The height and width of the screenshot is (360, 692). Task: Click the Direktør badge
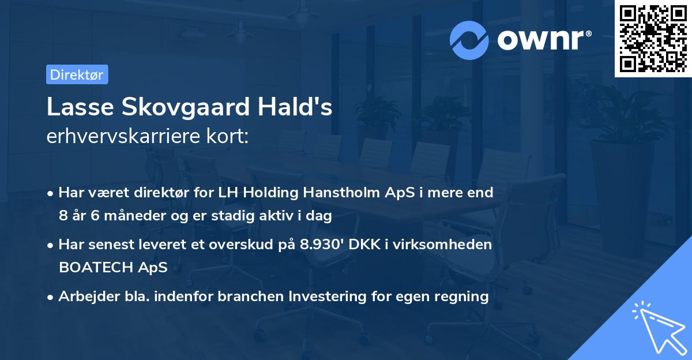(x=77, y=74)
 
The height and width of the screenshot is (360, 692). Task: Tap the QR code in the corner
(x=653, y=39)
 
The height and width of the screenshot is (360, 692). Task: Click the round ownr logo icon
(x=470, y=40)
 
